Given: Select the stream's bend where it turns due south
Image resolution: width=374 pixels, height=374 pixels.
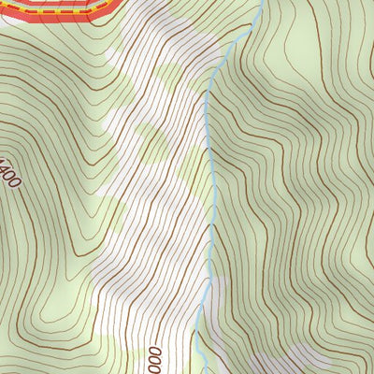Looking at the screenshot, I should pyautogui.click(x=207, y=98).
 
